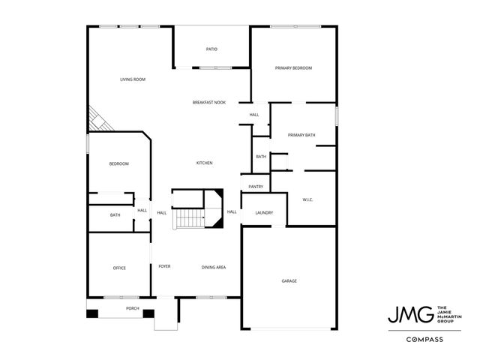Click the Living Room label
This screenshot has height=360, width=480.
pos(133,79)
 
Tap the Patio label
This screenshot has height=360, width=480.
pos(211,49)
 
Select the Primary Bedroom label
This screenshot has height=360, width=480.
pos(293,68)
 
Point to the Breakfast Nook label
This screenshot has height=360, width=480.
pos(209,102)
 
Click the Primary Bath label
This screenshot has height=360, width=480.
pos(301,135)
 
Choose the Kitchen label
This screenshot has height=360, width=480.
pos(205,163)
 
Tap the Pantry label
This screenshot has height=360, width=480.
pos(255,187)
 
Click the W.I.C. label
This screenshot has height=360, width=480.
pos(307,199)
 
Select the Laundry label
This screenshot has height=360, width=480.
pos(264,213)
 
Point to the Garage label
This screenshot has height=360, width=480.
pos(289,280)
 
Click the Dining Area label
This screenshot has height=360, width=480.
pos(214,268)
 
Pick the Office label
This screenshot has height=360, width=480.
pos(119,268)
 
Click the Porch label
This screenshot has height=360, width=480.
pos(133,308)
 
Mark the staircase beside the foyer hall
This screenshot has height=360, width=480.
pos(189,218)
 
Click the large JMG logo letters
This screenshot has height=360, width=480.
pos(410,314)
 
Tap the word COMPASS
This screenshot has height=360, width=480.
pos(424,340)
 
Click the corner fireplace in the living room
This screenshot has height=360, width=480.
pos(97,119)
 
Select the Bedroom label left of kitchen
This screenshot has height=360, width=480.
pos(118,164)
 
